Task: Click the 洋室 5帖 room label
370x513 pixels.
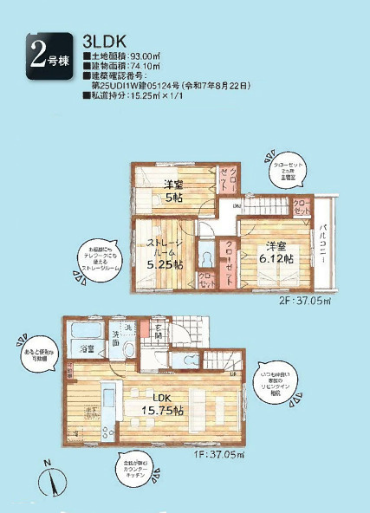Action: coord(174,191)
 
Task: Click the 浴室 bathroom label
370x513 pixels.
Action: coord(88,348)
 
